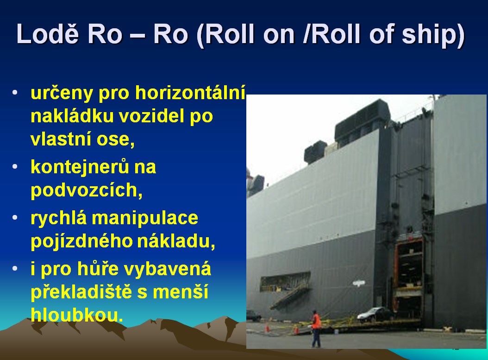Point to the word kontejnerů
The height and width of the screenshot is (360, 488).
point(80,167)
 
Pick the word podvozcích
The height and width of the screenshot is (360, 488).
point(87,190)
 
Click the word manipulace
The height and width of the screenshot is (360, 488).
point(145,218)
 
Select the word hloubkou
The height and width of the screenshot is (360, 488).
point(76,315)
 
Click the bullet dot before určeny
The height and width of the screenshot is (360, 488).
point(15,93)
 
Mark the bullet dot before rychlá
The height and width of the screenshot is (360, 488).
point(15,217)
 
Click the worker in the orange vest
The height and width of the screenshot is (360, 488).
point(316,329)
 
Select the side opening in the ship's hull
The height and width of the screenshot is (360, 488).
point(285,282)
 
